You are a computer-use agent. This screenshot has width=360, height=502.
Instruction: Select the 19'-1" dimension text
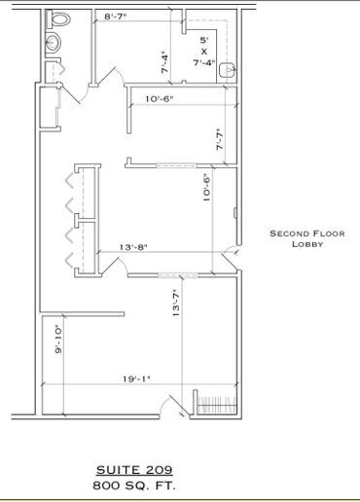[x=137, y=379]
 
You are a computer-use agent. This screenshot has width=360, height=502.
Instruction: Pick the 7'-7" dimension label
[x=219, y=140]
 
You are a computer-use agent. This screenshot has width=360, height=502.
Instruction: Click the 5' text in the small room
[x=203, y=40]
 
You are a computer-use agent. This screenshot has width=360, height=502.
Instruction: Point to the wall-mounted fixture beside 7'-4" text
[x=229, y=68]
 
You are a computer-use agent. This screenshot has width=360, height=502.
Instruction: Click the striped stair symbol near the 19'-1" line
[x=217, y=403]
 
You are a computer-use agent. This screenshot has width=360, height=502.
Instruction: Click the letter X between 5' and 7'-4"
[x=203, y=52]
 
